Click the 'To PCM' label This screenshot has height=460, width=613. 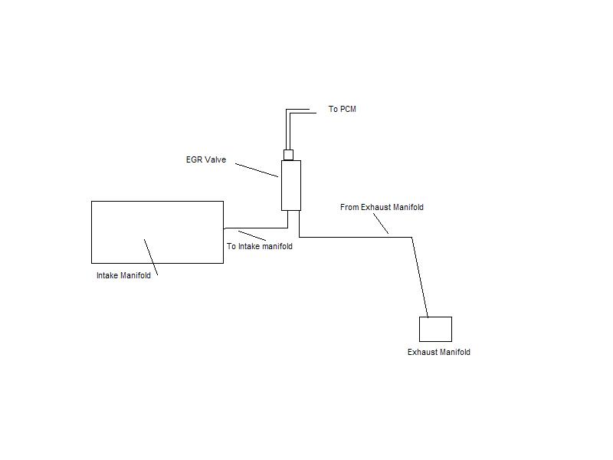point(342,110)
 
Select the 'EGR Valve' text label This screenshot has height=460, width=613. point(205,160)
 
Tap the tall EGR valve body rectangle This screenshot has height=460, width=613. point(290,185)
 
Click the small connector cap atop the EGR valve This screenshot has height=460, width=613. point(288,154)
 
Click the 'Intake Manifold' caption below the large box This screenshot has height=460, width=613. point(123,276)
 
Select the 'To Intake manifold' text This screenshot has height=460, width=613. point(259,247)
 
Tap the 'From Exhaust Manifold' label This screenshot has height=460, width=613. point(382,208)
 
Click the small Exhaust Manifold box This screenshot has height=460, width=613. point(435,329)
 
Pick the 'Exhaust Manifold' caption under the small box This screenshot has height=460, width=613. point(438,353)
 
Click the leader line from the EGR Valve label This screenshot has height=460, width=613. point(256,169)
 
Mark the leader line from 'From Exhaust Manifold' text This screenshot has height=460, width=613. point(381,223)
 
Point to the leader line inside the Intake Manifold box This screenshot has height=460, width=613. point(151,257)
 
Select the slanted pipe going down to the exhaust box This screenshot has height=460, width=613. point(420,276)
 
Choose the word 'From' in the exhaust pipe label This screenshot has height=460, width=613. point(349,208)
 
